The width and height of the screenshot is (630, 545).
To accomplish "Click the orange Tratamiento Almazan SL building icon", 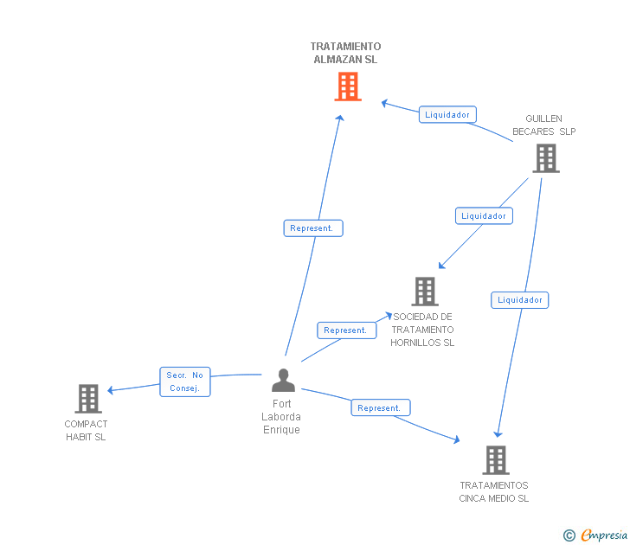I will point(347,87).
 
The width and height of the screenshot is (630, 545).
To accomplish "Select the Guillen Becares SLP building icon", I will point(545,158).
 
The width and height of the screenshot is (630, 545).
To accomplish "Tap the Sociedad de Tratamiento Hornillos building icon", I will point(425,292).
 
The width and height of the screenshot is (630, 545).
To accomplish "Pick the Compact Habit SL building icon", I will point(88,399).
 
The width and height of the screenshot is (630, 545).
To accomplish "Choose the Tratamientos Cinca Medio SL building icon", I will point(496,460).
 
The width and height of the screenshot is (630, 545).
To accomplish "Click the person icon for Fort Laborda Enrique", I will point(283,381).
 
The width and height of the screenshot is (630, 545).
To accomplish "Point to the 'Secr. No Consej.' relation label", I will point(185,381).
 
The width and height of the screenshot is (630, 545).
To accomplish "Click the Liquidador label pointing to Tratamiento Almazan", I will point(447,114).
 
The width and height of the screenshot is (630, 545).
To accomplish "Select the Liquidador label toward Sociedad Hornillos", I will point(484,215).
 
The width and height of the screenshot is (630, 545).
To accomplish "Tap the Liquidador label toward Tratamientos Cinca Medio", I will point(520,300).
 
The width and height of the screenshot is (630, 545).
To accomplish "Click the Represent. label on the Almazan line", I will point(312,228).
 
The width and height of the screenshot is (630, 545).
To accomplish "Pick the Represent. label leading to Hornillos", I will point(346,330).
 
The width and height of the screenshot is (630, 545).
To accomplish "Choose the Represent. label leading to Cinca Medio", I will point(380,407).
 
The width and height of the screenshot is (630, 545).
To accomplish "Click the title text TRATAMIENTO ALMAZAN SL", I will point(345,53).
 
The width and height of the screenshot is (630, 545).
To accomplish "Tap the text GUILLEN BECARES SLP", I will point(543,125).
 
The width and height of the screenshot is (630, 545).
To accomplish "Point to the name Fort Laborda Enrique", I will point(282,417).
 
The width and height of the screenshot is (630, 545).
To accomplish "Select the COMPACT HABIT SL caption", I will point(87,430).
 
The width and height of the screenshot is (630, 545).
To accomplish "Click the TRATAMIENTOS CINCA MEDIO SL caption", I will point(494,491).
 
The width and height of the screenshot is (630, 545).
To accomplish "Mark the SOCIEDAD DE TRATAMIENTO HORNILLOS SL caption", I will point(422,330).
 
